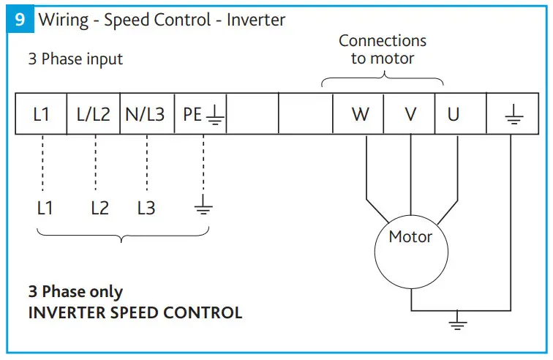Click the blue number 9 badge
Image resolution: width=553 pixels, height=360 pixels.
click(20, 20)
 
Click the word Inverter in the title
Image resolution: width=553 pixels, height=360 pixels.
click(255, 20)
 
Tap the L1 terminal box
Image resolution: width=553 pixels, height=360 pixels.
click(42, 114)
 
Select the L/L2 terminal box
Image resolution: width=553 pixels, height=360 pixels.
click(94, 114)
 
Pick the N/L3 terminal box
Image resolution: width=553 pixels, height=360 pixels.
click(146, 114)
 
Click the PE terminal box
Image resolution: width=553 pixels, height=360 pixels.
click(203, 114)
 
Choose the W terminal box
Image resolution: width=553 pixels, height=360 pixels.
click(361, 114)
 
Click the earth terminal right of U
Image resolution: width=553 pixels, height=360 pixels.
click(514, 114)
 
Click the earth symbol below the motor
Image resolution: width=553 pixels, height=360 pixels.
click(458, 323)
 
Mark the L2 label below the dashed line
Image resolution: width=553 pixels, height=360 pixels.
click(99, 209)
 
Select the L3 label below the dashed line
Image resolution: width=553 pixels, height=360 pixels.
click(146, 209)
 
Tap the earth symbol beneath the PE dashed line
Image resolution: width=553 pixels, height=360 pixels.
click(203, 209)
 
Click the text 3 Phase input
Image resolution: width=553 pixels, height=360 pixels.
click(76, 59)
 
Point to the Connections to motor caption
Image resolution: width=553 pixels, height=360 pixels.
click(382, 50)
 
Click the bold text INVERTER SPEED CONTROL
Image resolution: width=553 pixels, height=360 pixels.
click(135, 313)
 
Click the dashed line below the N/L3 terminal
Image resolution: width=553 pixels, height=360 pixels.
click(146, 165)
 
